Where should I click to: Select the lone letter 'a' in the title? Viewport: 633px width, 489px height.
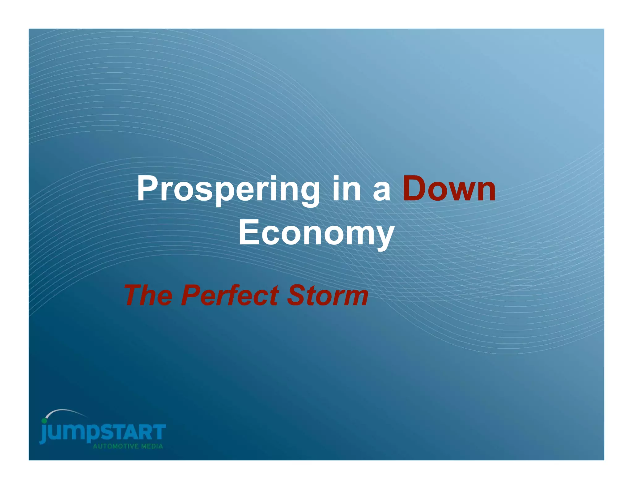point(382,191)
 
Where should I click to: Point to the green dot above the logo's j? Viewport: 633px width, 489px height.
point(44,421)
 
